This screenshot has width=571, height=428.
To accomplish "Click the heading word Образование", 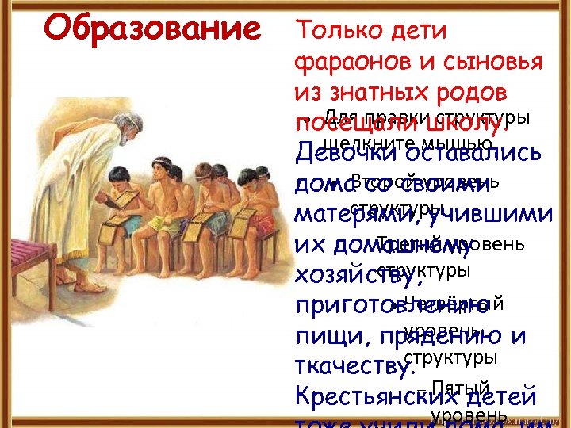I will [x=151, y=29].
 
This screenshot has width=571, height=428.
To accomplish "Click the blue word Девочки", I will [x=352, y=154].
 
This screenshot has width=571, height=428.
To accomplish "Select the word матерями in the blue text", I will [x=356, y=215].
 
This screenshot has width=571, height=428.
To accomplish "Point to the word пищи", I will [x=317, y=337].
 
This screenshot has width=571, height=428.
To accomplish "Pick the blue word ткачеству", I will [x=354, y=368].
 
